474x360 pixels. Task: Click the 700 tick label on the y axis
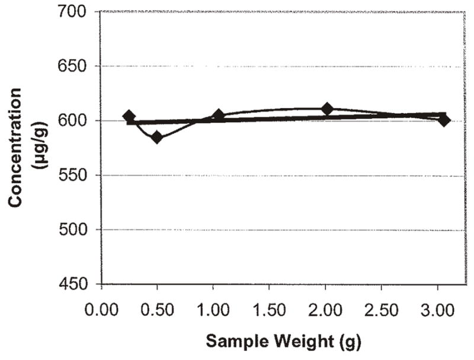[x=78, y=11]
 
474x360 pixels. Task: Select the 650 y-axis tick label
[x=78, y=66]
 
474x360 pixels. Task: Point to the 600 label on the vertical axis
[x=78, y=120]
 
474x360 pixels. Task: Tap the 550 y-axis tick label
[x=78, y=175]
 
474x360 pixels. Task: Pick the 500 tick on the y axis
[x=78, y=230]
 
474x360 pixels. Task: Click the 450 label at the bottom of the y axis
[x=78, y=284]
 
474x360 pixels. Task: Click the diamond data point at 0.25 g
[x=129, y=116]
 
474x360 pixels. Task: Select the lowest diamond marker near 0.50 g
[x=157, y=138]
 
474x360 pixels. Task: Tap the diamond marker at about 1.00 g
[x=218, y=115]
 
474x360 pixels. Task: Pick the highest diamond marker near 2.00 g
[x=326, y=109]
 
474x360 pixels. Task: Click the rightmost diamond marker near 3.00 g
[x=443, y=120]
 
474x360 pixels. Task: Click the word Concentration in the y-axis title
[x=16, y=148]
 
